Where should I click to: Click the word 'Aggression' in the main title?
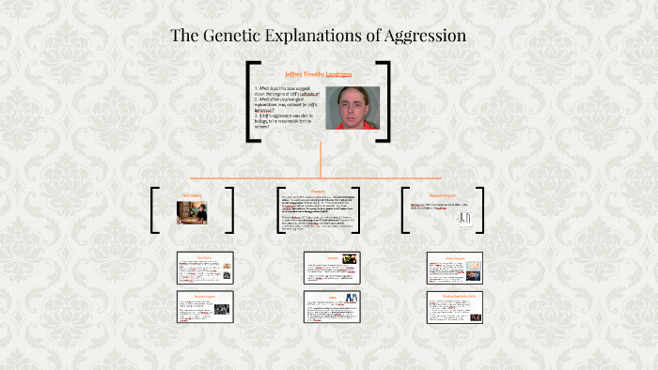tap(420, 37)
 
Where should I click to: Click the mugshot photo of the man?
tap(352, 108)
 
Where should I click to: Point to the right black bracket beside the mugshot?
tap(384, 101)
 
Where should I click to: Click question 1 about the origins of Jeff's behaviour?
tap(288, 92)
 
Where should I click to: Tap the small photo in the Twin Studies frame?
tap(192, 212)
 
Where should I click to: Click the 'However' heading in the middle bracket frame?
tap(319, 191)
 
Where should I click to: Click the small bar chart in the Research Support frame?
tap(463, 217)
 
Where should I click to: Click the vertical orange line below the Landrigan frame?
tap(321, 160)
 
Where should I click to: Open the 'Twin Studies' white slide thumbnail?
tap(205, 269)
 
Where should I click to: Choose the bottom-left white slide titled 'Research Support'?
tap(205, 307)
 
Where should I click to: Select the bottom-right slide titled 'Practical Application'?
tap(454, 307)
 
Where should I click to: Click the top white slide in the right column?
tap(454, 269)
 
